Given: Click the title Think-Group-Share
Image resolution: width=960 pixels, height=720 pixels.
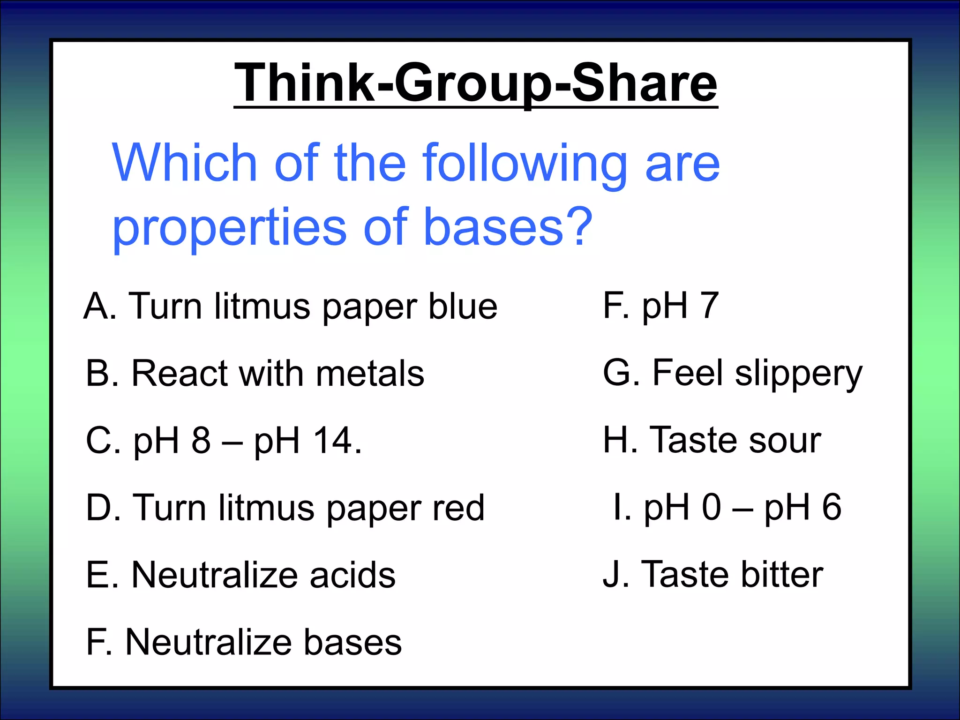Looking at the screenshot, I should click(475, 83).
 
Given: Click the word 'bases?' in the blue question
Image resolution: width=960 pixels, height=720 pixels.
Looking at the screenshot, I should click(508, 227).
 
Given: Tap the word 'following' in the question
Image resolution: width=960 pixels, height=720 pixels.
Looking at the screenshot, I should click(525, 164).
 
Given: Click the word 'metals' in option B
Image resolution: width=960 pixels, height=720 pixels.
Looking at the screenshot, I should click(370, 374).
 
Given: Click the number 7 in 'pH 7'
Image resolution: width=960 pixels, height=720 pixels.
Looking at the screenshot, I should click(709, 306).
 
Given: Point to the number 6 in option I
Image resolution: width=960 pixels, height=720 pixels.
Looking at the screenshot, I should click(831, 508).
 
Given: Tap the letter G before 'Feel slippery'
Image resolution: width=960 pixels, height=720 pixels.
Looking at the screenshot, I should click(617, 373).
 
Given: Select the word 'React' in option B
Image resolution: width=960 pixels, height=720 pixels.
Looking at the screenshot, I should click(180, 374).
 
